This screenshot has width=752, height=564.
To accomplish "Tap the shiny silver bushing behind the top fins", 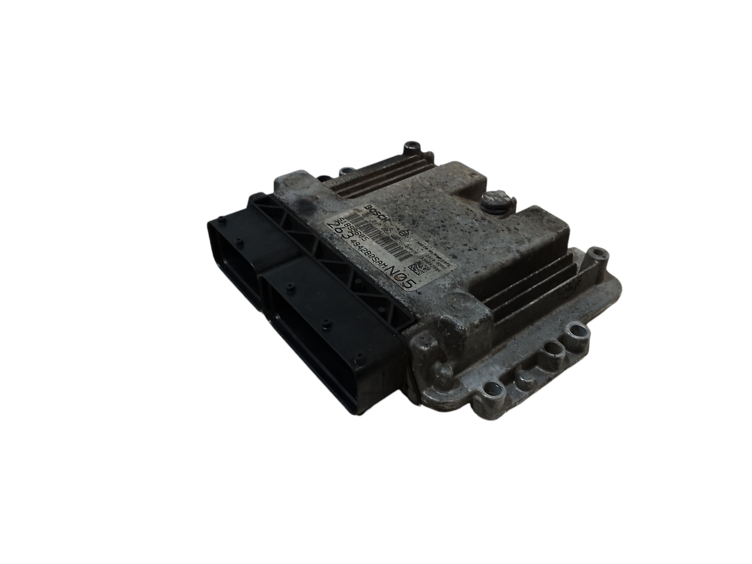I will point(344,173).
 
